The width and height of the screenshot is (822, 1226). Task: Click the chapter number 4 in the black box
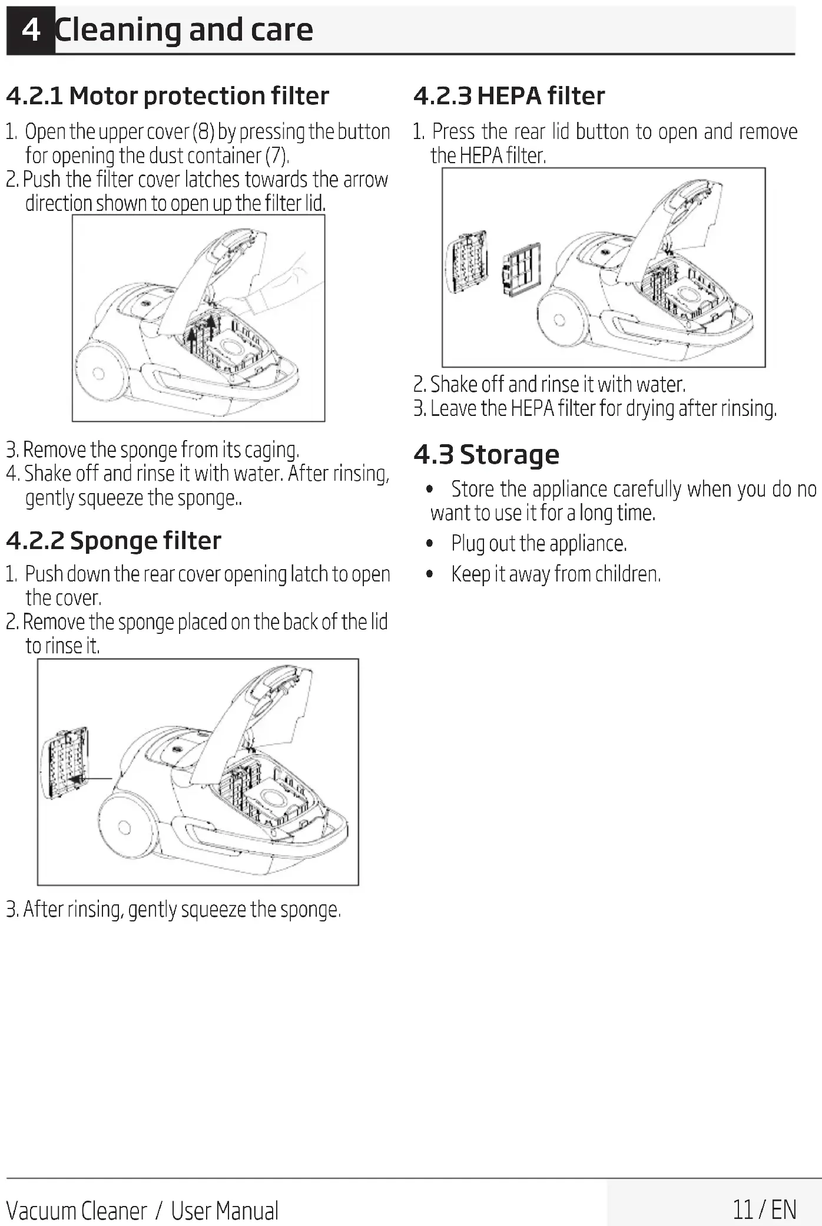click(31, 29)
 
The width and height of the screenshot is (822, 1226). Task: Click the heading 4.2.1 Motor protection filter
click(167, 96)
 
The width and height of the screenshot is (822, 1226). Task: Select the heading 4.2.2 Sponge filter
click(114, 541)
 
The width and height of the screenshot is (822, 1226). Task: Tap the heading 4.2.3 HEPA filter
click(509, 96)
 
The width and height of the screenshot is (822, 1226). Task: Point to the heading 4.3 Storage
click(486, 455)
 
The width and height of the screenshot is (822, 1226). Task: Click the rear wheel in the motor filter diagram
click(99, 373)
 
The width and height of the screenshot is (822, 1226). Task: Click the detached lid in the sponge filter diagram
click(66, 762)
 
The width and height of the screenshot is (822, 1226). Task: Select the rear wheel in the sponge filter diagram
click(125, 827)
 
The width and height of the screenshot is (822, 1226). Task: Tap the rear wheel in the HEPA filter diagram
click(559, 320)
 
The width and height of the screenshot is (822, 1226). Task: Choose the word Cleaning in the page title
click(118, 29)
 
